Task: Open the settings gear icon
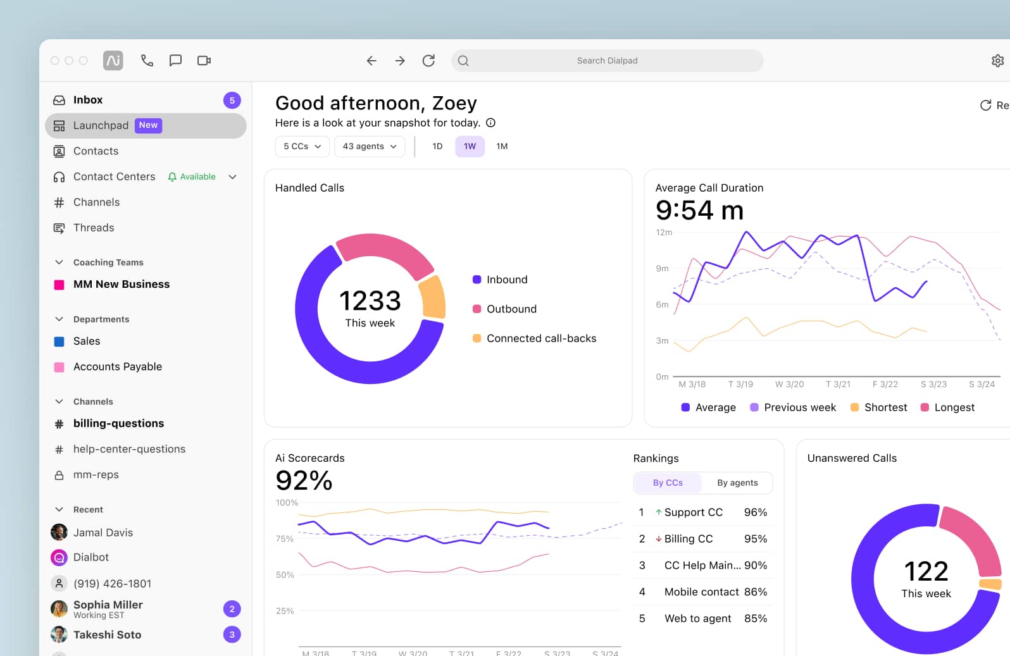coord(997,61)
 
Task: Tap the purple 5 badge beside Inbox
coord(232,100)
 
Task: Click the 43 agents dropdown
coord(370,146)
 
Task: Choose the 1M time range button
coord(502,146)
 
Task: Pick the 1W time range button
coord(470,146)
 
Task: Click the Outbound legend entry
coord(511,309)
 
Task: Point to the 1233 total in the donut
coord(370,301)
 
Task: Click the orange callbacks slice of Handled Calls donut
coord(433,297)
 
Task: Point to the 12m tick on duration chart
coord(663,232)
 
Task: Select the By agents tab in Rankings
coord(737,483)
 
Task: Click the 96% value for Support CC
coord(755,512)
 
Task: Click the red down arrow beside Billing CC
coord(658,539)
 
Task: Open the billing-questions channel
coord(118,423)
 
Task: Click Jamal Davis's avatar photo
coord(59,532)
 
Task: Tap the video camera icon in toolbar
coord(204,61)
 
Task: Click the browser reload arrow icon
coord(428,61)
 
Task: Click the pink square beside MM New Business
coord(59,285)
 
